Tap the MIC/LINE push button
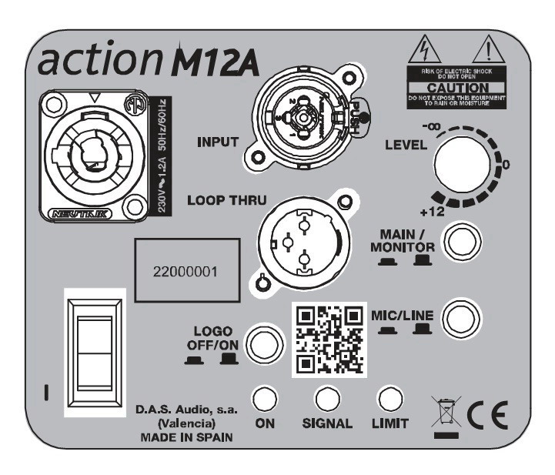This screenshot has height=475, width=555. coord(462,316)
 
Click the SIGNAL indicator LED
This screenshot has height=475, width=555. coord(329,397)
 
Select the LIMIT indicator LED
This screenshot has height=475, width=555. coord(391,397)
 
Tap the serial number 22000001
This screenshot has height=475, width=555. coord(184,273)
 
